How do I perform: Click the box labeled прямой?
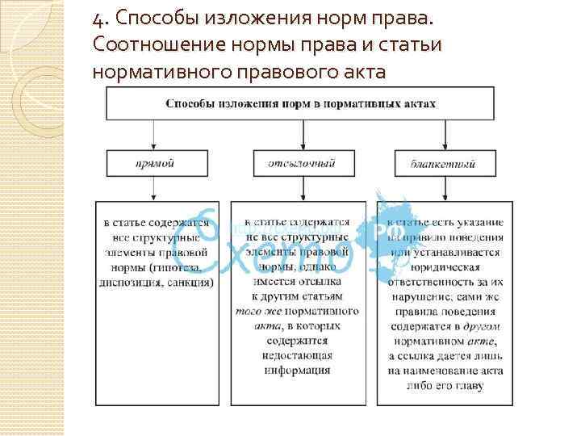click(x=154, y=164)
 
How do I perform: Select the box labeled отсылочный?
click(x=301, y=164)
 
